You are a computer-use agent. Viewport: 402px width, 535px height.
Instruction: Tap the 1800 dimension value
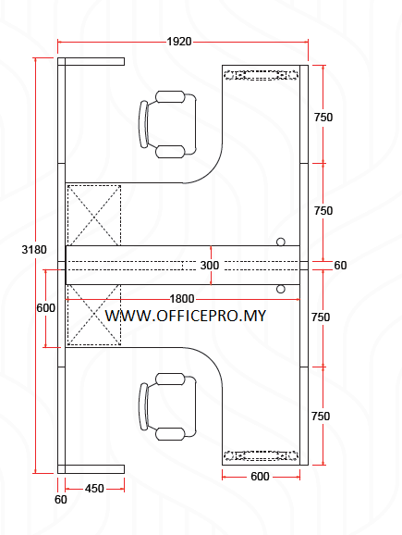click(x=182, y=298)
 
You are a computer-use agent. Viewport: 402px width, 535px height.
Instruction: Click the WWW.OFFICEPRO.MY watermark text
click(x=186, y=316)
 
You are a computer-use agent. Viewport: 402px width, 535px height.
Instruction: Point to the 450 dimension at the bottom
click(x=94, y=488)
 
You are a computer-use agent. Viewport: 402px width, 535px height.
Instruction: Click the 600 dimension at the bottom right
click(x=260, y=477)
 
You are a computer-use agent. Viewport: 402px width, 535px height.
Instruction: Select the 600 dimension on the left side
click(x=45, y=308)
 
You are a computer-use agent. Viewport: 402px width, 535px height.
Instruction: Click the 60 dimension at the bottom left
click(x=61, y=500)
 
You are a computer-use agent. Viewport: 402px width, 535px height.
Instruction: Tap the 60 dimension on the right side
click(x=340, y=266)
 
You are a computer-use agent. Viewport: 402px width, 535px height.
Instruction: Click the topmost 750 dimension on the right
click(x=323, y=118)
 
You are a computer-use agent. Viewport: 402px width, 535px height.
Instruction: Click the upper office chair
click(x=167, y=124)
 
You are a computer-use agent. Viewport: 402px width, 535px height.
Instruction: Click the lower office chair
click(x=167, y=406)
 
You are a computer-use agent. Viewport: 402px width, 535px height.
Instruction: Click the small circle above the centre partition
click(x=281, y=242)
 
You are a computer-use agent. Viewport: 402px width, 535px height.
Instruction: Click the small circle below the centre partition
click(x=281, y=289)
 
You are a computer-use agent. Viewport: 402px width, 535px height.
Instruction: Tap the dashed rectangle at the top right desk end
click(x=262, y=75)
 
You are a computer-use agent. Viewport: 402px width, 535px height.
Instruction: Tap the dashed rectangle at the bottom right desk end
click(x=262, y=455)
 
